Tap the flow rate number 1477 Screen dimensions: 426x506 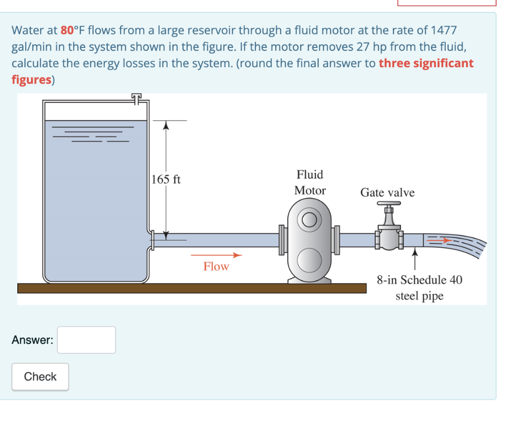pyautogui.click(x=444, y=30)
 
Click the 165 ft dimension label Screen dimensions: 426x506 pyautogui.click(x=166, y=179)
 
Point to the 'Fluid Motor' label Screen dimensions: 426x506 pyautogui.click(x=310, y=182)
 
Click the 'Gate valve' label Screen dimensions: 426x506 pyautogui.click(x=387, y=192)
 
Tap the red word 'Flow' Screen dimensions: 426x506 pyautogui.click(x=216, y=266)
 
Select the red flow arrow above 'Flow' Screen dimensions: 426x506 pyautogui.click(x=216, y=256)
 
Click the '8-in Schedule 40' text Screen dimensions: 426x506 pyautogui.click(x=420, y=280)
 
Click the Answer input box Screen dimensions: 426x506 pyautogui.click(x=86, y=340)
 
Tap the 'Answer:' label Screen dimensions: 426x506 pyautogui.click(x=33, y=340)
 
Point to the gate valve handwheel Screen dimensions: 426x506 pyautogui.click(x=389, y=204)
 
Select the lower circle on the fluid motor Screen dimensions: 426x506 pyautogui.click(x=310, y=258)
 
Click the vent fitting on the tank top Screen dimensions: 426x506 pyautogui.click(x=137, y=98)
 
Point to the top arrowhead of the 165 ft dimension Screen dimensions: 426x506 pyautogui.click(x=167, y=125)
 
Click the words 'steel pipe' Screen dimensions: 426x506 pyautogui.click(x=420, y=296)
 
